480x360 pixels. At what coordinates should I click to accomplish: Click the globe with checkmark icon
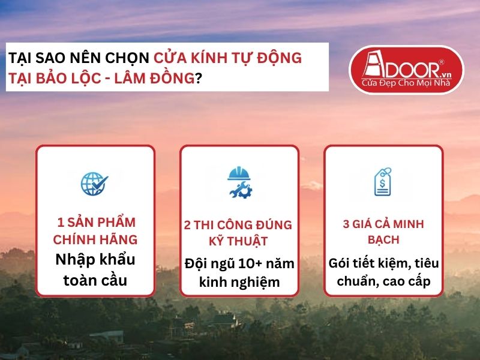coord(95,183)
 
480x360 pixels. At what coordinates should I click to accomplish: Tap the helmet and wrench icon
coord(239,182)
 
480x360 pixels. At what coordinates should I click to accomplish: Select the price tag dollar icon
coord(383,182)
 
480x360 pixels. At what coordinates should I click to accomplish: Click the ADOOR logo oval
coord(406,71)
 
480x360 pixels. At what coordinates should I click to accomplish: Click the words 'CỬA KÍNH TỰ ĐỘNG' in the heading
coord(227,59)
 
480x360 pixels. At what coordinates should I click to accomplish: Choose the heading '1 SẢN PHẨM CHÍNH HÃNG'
coord(95,232)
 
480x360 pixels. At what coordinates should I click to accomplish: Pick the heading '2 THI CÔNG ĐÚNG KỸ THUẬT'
coord(239,233)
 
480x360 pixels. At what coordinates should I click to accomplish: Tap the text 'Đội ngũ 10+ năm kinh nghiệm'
coord(239,272)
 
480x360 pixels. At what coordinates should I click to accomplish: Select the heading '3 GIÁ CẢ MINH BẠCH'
coord(383,232)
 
